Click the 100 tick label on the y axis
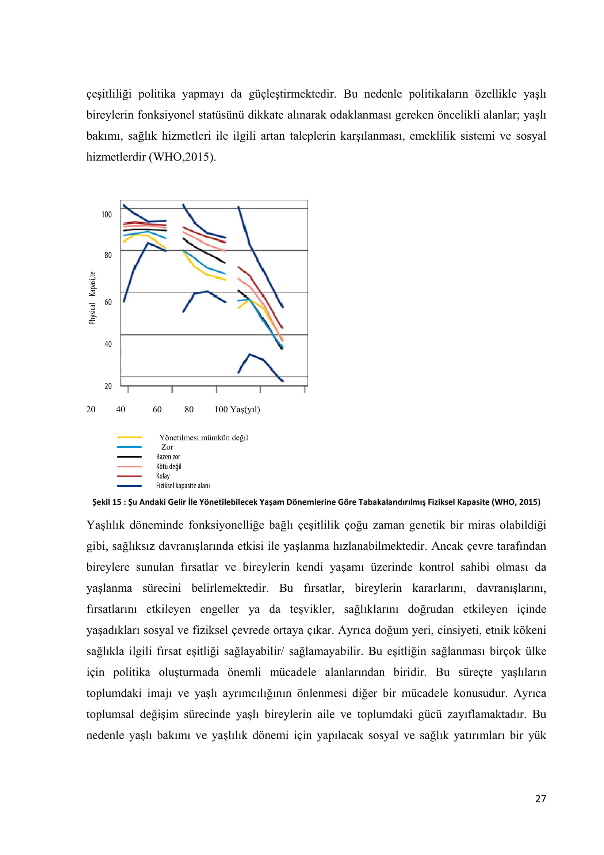(x=106, y=215)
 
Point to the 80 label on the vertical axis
(x=108, y=255)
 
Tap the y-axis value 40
(x=108, y=344)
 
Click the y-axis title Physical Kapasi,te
(x=92, y=298)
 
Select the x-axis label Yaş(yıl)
(x=245, y=409)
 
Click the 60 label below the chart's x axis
(x=157, y=409)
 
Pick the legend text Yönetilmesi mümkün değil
(x=203, y=438)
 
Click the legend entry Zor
(x=167, y=447)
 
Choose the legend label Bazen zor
(x=168, y=457)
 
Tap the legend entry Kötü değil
(x=169, y=466)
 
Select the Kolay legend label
(x=163, y=476)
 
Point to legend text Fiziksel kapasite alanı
(x=183, y=485)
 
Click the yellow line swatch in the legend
(x=129, y=437)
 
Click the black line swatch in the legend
(x=129, y=457)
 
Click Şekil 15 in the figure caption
(x=107, y=502)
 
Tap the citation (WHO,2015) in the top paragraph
(x=182, y=157)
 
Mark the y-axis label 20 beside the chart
(x=108, y=386)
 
